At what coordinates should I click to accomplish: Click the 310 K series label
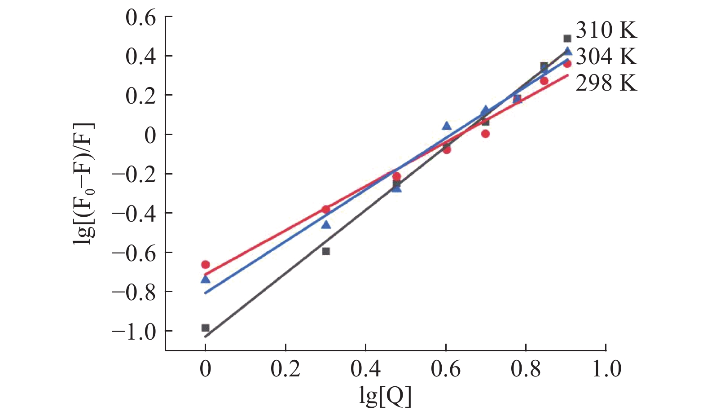point(606,31)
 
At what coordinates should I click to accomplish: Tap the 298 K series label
point(606,83)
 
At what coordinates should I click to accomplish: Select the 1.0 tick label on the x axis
point(606,369)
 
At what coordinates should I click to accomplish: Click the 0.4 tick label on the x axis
point(365,369)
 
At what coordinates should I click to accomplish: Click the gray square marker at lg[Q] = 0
point(206,328)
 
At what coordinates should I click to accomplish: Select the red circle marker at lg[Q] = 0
point(206,265)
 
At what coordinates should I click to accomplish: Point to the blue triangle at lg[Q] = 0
point(206,280)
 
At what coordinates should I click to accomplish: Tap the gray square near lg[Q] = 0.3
point(326,251)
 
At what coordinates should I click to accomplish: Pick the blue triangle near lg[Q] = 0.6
point(447,126)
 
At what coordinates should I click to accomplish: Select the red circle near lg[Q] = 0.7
point(485,134)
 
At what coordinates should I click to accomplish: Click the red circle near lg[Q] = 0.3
point(326,209)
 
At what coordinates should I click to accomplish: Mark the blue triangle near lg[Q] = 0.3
point(326,224)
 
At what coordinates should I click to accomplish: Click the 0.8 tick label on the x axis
point(526,369)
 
